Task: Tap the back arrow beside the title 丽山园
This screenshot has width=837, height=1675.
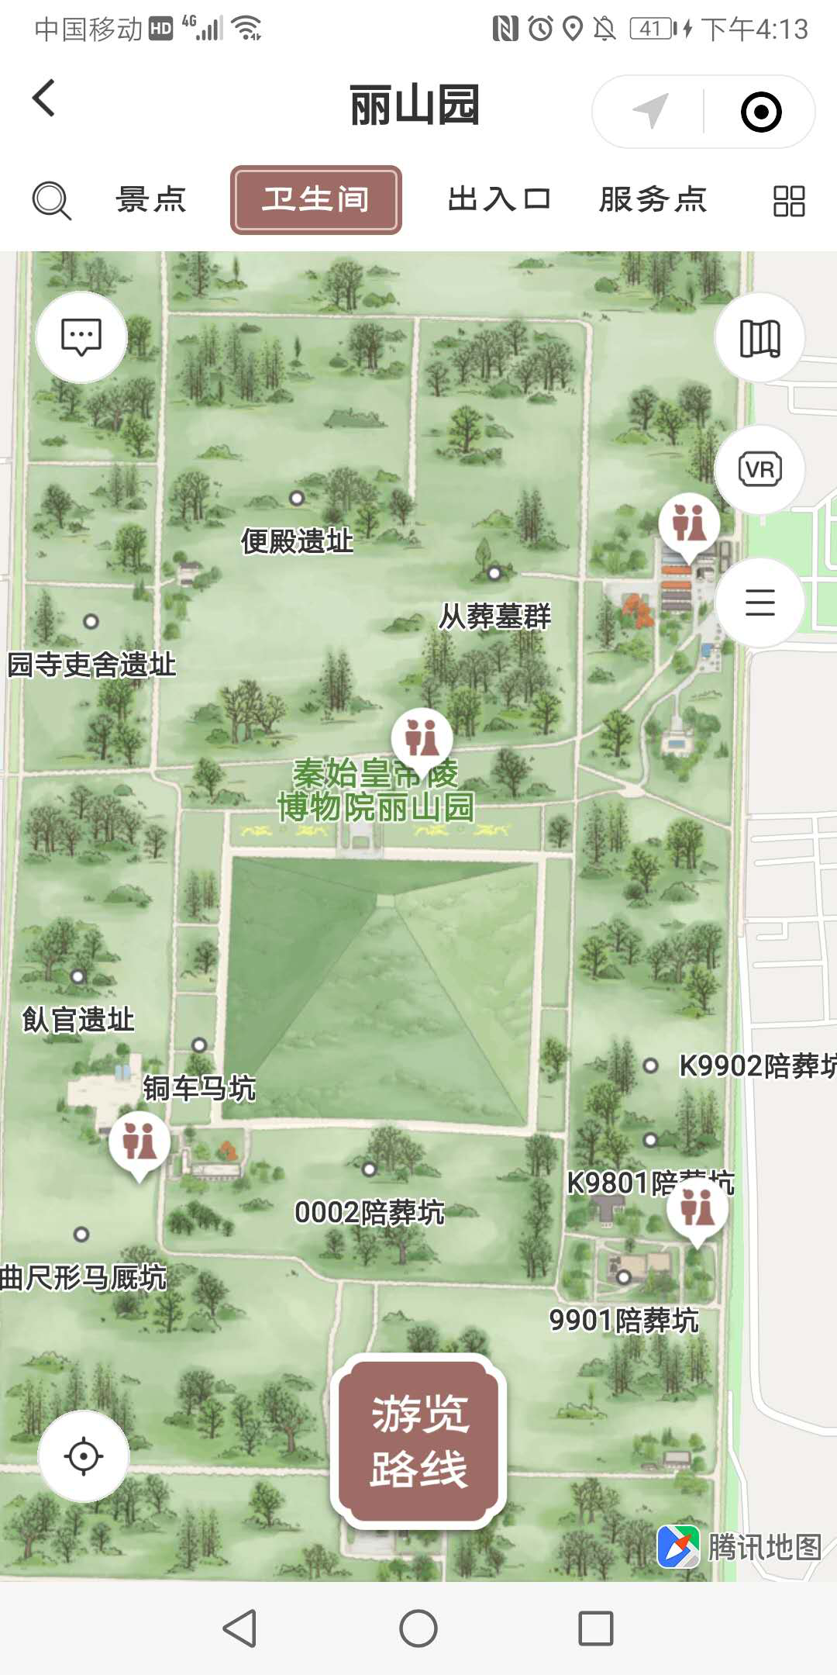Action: click(44, 98)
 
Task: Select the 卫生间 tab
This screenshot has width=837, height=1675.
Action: click(315, 200)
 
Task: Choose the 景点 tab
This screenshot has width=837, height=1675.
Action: click(151, 200)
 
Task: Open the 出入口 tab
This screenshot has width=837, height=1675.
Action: click(499, 200)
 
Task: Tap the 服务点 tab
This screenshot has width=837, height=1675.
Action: click(653, 200)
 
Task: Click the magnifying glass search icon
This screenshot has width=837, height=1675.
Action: click(51, 201)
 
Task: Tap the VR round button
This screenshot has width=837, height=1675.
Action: click(759, 470)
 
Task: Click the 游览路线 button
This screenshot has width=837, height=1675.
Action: click(418, 1441)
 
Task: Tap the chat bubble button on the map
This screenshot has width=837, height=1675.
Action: click(81, 337)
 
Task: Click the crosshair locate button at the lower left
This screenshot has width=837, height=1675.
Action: click(84, 1456)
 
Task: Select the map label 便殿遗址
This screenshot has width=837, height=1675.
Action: click(297, 540)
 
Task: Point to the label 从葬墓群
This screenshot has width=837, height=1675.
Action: click(494, 616)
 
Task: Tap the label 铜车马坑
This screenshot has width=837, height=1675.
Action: click(199, 1088)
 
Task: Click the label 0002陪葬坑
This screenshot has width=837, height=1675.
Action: click(370, 1212)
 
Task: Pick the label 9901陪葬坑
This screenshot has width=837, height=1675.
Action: click(624, 1320)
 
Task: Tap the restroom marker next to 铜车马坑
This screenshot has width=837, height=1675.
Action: click(139, 1142)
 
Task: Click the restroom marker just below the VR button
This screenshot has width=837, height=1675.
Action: click(689, 523)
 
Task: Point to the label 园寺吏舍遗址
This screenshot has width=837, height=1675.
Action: click(91, 665)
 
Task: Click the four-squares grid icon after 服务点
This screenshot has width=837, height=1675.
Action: click(789, 201)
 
